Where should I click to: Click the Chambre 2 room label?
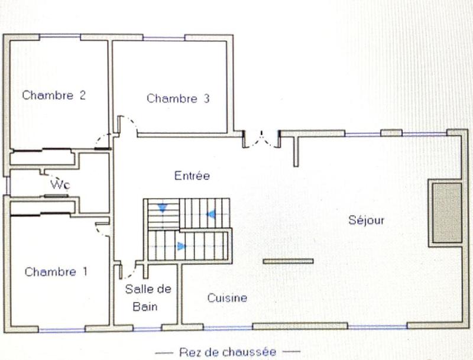(x=54, y=95)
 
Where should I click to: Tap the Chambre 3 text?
(x=178, y=99)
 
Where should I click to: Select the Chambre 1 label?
(x=56, y=272)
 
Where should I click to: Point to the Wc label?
(x=60, y=185)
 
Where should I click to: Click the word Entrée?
(x=192, y=176)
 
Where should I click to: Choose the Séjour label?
(x=366, y=220)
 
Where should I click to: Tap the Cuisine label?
(x=227, y=298)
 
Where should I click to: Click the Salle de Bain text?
(x=147, y=297)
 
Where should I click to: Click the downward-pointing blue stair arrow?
(x=162, y=207)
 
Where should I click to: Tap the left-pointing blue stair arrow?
(x=210, y=214)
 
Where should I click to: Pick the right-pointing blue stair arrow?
(x=181, y=246)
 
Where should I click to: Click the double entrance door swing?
(x=261, y=139)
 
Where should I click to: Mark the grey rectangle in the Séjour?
(x=446, y=212)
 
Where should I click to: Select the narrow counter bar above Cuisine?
(x=288, y=261)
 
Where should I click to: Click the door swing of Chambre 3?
(x=128, y=125)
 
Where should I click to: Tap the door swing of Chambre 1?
(x=102, y=228)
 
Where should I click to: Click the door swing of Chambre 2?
(x=103, y=141)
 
